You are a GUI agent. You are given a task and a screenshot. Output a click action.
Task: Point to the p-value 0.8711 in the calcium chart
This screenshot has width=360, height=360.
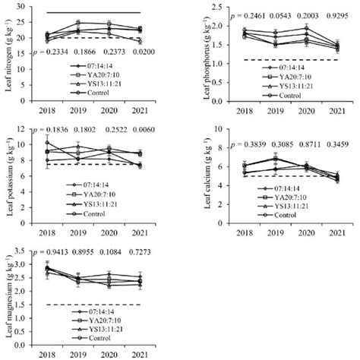[300, 144]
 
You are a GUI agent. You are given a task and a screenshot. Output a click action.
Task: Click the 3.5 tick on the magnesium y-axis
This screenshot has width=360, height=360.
[29, 251]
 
